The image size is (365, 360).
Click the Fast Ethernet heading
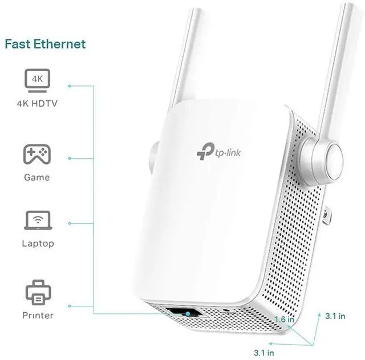coord(46,44)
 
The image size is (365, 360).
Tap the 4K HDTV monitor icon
coord(37,80)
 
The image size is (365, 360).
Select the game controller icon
coord(37,154)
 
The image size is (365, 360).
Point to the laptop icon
coord(38,220)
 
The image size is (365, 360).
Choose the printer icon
coord(38,292)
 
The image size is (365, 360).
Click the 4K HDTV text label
coord(37,104)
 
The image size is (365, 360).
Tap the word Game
coord(37,178)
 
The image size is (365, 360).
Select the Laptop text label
coord(38,243)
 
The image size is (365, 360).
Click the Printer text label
coord(38,316)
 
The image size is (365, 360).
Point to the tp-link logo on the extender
coord(218,152)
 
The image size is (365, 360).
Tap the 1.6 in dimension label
coord(284,320)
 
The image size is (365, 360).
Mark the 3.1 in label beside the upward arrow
coord(335,316)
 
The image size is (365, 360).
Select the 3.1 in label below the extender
coord(263,353)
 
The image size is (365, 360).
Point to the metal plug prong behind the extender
coord(326,216)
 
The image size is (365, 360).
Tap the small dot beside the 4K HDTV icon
coord(70,86)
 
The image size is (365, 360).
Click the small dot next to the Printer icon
coord(70,306)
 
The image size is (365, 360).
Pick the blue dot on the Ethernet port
coord(188,314)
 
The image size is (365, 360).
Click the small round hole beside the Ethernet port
coord(225,310)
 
